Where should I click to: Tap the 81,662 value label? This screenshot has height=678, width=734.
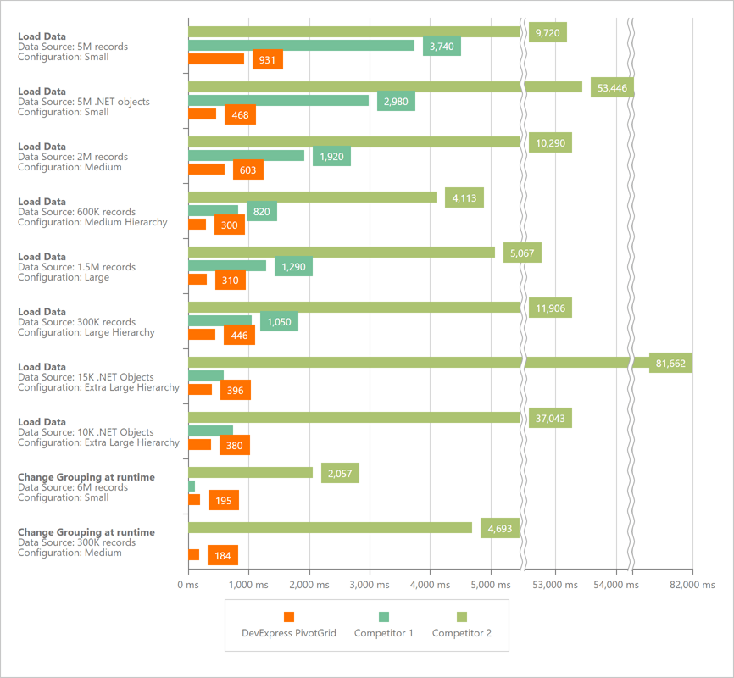click(670, 364)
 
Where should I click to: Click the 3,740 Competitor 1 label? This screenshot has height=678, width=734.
click(442, 47)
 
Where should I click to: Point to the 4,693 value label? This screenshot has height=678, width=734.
click(499, 529)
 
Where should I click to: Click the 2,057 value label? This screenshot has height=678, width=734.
click(340, 474)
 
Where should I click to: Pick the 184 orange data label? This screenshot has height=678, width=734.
click(222, 556)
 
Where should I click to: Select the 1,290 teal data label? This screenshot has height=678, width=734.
click(293, 267)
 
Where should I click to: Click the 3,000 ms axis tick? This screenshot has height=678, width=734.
click(370, 585)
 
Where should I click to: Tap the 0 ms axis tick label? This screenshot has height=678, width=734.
click(188, 585)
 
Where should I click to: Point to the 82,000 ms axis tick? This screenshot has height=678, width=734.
click(692, 585)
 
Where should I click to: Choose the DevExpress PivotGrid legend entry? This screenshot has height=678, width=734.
click(289, 633)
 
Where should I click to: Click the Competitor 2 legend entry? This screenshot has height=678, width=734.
click(461, 633)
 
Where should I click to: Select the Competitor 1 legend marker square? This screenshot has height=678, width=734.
click(383, 617)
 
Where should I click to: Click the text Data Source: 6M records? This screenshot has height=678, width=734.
click(73, 487)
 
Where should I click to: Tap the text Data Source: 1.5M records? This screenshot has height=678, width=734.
click(76, 267)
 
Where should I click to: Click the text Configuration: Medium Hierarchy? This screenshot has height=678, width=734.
click(92, 222)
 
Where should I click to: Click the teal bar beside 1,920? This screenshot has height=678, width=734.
click(246, 156)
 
